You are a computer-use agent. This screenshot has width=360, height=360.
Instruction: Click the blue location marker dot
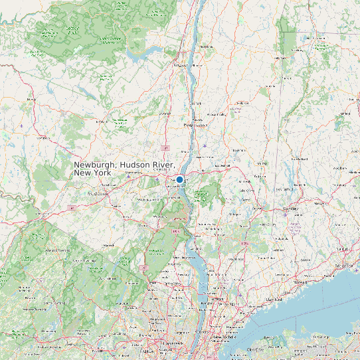[179, 179]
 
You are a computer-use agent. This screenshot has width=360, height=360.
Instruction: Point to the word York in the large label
[102, 173]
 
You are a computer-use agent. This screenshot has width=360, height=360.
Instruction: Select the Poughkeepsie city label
[195, 124]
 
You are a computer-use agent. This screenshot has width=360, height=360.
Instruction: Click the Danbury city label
[290, 209]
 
